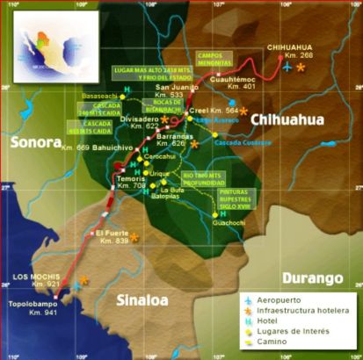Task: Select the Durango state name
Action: [x=312, y=278]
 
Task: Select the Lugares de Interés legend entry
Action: [x=294, y=331]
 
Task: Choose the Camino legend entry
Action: [x=283, y=342]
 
